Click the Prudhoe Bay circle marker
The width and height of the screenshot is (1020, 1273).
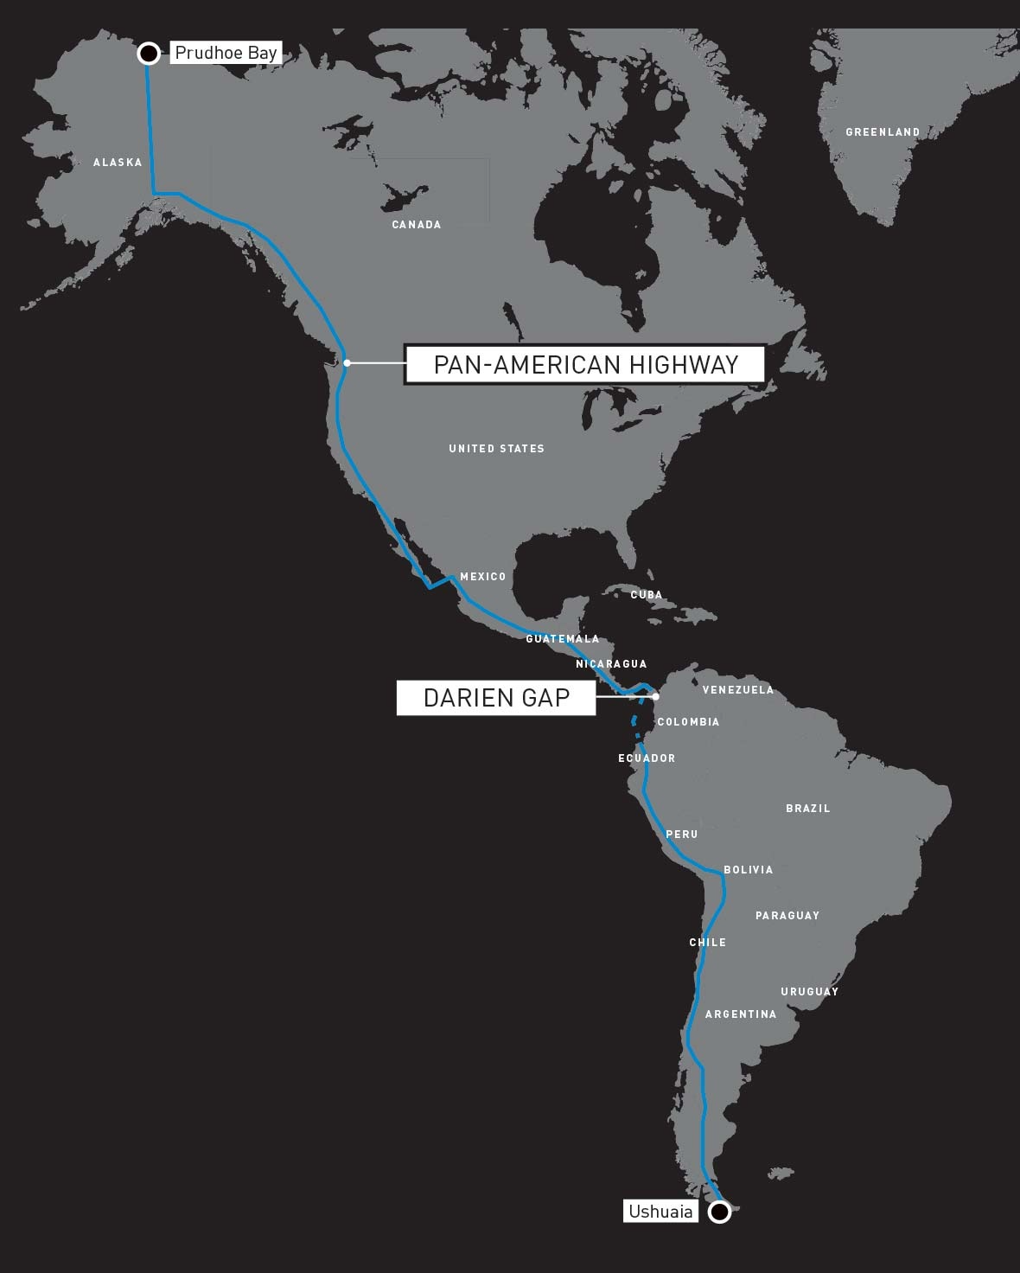click(149, 54)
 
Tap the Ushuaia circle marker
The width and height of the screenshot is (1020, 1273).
click(719, 1212)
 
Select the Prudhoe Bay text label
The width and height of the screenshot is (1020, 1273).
click(226, 53)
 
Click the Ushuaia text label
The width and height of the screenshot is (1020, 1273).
click(660, 1212)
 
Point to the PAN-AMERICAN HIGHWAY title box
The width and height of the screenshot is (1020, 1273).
click(585, 365)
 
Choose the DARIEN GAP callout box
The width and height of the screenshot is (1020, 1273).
click(496, 698)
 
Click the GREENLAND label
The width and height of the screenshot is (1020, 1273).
click(883, 132)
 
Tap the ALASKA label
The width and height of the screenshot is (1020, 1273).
click(118, 163)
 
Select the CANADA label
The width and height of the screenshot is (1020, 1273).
click(417, 225)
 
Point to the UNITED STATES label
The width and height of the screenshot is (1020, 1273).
click(496, 449)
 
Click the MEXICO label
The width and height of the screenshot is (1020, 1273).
click(482, 577)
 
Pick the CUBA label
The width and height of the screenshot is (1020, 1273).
click(646, 595)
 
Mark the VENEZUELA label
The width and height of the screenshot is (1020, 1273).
click(737, 690)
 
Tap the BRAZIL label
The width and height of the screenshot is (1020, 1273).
click(807, 809)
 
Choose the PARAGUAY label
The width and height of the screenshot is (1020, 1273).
click(787, 916)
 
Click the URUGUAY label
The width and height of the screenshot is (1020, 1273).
click(809, 992)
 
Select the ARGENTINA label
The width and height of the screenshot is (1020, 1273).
click(741, 1014)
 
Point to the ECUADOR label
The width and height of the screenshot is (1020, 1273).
click(647, 758)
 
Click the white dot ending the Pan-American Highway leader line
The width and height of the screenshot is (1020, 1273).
click(347, 363)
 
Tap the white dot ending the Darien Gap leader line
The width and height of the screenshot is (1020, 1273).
click(655, 696)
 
